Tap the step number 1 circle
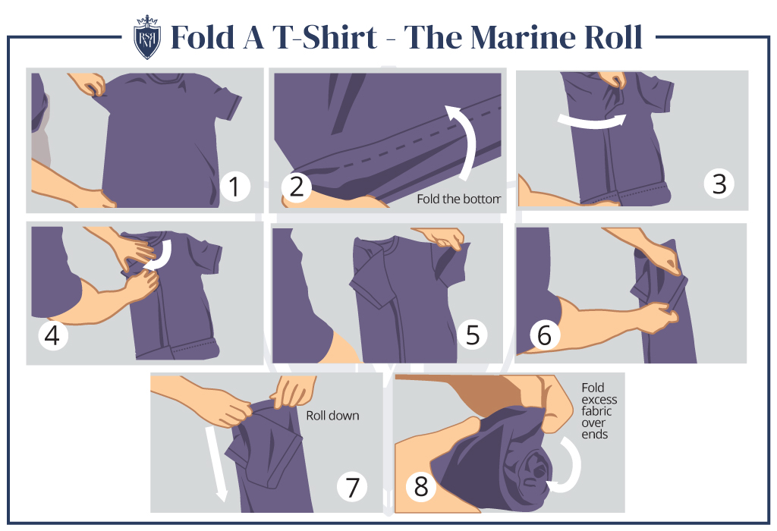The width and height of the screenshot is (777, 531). coord(235,186)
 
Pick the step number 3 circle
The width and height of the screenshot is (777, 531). coord(719,183)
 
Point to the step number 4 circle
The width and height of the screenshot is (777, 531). coord(52,335)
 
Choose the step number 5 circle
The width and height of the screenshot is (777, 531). coord(473,335)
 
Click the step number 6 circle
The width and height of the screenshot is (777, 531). coord(544,335)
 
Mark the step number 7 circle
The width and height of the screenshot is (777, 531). coord(352,487)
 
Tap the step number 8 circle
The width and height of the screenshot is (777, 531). coord(421,487)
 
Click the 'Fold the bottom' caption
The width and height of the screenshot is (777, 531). coord(459,200)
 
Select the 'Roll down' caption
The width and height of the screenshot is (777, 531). coord(332,416)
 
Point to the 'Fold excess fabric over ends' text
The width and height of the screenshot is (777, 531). coord(599,410)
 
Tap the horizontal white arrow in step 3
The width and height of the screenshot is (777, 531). coord(591,121)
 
